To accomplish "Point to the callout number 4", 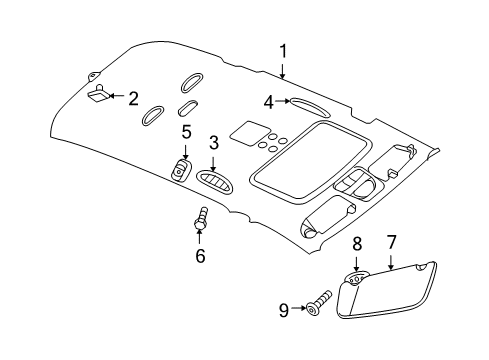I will click(269, 101).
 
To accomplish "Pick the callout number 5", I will click(186, 133).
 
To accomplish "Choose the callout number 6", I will click(200, 256).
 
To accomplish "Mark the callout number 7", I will click(392, 269).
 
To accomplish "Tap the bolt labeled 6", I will click(201, 224).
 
